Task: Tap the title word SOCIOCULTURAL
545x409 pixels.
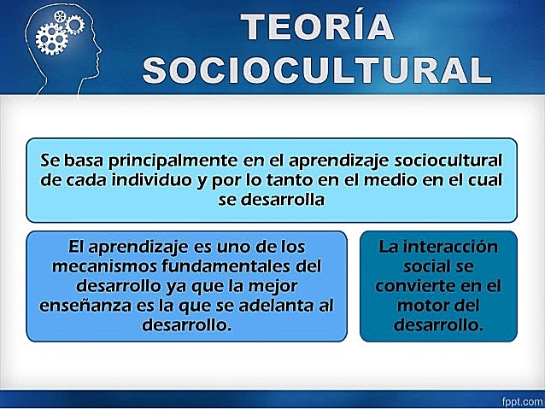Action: point(317,70)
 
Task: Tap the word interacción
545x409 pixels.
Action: point(452,247)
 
